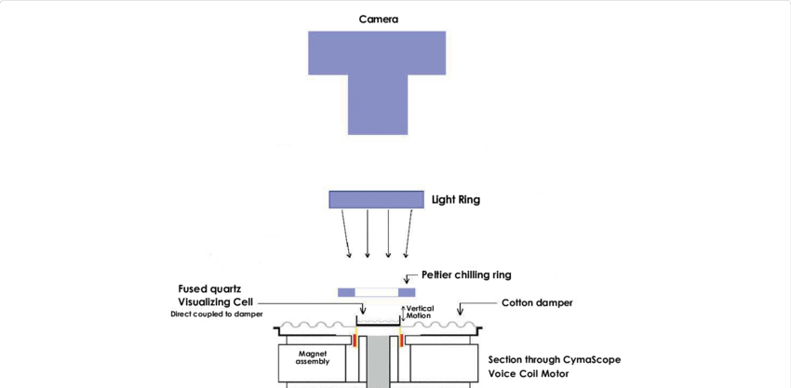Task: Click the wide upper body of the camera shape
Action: [x=377, y=53]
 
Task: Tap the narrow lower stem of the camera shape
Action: [x=377, y=105]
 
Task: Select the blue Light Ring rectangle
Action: [x=376, y=199]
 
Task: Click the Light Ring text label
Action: [x=456, y=200]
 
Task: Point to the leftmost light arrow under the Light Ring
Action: [x=346, y=234]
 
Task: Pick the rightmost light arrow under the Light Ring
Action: [x=409, y=234]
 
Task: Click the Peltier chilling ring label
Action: [x=466, y=275]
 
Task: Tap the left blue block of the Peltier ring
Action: [x=347, y=292]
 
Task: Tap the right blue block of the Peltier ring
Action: [x=407, y=292]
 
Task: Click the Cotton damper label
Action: [x=537, y=303]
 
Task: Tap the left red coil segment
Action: [x=355, y=341]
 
